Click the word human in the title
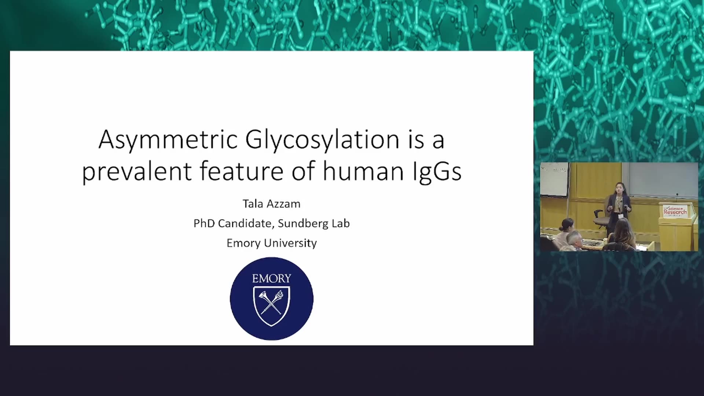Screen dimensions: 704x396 [363, 171]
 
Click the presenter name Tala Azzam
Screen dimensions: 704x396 [271, 204]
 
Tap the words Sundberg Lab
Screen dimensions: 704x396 [314, 223]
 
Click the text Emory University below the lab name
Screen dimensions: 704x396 [272, 243]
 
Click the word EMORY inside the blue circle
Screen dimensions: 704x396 [272, 279]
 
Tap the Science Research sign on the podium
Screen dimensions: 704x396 [675, 211]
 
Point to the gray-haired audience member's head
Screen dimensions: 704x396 [574, 239]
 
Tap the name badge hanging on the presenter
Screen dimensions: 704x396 [620, 216]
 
